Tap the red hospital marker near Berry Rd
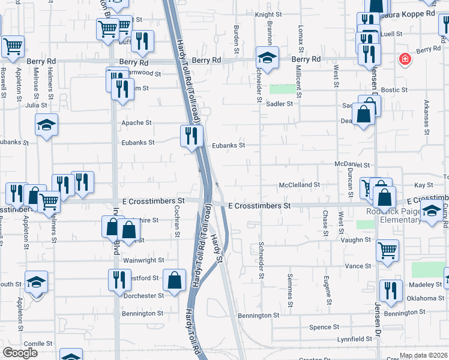406,59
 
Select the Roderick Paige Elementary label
393,215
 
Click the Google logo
20,353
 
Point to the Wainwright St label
143,260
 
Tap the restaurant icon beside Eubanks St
191,136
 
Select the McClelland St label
299,185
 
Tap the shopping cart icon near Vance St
388,251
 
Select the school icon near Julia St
46,125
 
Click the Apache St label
136,122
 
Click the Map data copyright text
423,355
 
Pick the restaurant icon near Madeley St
391,291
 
